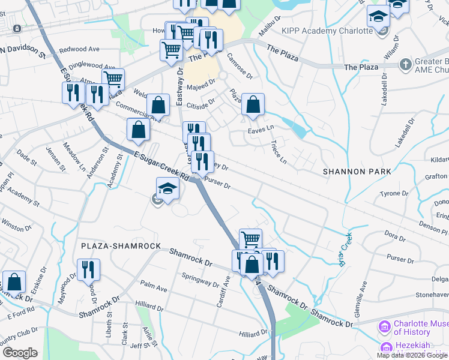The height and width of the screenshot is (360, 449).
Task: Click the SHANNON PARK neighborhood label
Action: click(x=357, y=172)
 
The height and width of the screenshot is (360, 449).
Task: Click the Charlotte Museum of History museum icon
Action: click(x=384, y=327)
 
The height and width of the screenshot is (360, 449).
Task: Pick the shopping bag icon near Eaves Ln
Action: click(x=253, y=105)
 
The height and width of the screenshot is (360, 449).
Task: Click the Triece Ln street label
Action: click(x=279, y=152)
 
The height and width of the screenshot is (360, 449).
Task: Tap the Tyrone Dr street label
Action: click(x=394, y=194)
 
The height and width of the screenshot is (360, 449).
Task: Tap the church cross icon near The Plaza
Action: click(x=406, y=64)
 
